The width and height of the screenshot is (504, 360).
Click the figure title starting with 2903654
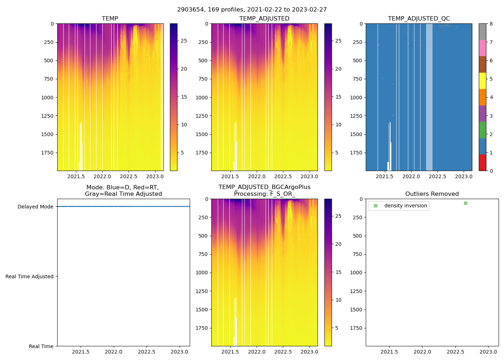pyautogui.click(x=252, y=10)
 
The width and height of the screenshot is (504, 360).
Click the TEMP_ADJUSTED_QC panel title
pyautogui.click(x=419, y=18)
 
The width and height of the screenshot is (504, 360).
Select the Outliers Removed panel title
pyautogui.click(x=432, y=194)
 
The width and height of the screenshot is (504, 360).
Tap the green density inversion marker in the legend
pyautogui.click(x=375, y=206)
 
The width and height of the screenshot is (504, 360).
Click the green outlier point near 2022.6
pyautogui.click(x=465, y=203)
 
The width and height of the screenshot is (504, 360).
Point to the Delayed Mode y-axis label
pyautogui.click(x=35, y=207)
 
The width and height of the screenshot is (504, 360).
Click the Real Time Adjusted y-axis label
pyautogui.click(x=30, y=276)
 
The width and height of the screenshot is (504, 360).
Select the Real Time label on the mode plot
pyautogui.click(x=41, y=346)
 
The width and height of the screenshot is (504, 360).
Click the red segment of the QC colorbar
pyautogui.click(x=482, y=162)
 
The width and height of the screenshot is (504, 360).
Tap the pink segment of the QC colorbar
pyautogui.click(x=482, y=48)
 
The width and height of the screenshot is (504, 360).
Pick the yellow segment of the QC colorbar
pyautogui.click(x=482, y=81)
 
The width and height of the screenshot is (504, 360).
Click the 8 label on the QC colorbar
pyautogui.click(x=491, y=24)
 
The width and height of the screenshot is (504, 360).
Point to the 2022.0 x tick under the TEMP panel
pyautogui.click(x=102, y=176)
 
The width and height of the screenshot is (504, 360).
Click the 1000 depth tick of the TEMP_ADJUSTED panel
pyautogui.click(x=202, y=98)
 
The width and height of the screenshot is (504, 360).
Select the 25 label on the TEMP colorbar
pyautogui.click(x=184, y=41)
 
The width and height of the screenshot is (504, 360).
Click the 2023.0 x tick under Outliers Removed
pyautogui.click(x=489, y=352)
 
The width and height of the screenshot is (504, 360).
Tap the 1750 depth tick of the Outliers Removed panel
pyautogui.click(x=356, y=328)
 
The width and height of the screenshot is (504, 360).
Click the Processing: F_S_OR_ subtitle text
pyautogui.click(x=264, y=194)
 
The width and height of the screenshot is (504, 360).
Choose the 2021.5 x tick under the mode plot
pyautogui.click(x=81, y=352)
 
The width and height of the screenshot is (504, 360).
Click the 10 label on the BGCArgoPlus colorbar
pyautogui.click(x=338, y=300)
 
